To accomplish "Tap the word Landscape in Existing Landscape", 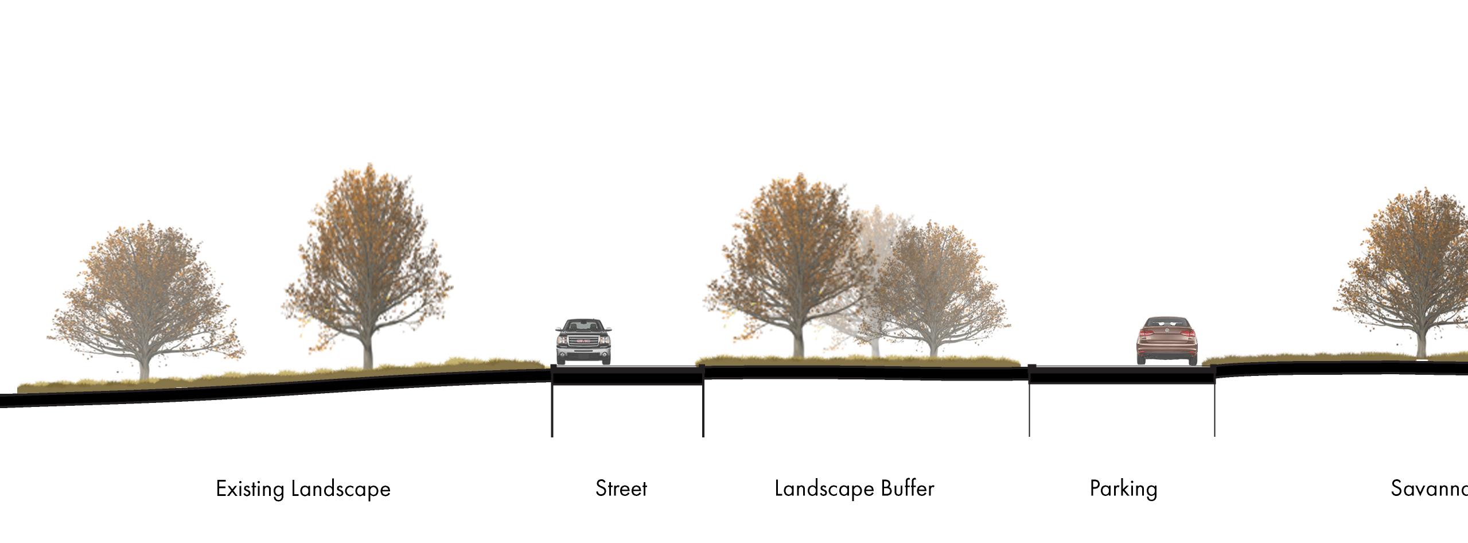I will tap(341, 489).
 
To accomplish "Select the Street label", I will tap(621, 488).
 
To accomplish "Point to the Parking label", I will tap(1123, 489).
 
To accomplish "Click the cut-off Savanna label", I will tap(1429, 488).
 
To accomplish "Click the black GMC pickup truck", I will tap(583, 342).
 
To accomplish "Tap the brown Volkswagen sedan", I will tap(1167, 341).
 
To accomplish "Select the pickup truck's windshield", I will tap(583, 326).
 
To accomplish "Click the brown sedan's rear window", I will tap(1167, 323).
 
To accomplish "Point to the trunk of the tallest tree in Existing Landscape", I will tap(368, 353).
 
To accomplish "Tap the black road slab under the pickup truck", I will tap(627, 375).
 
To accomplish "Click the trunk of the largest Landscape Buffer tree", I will tap(798, 344).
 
